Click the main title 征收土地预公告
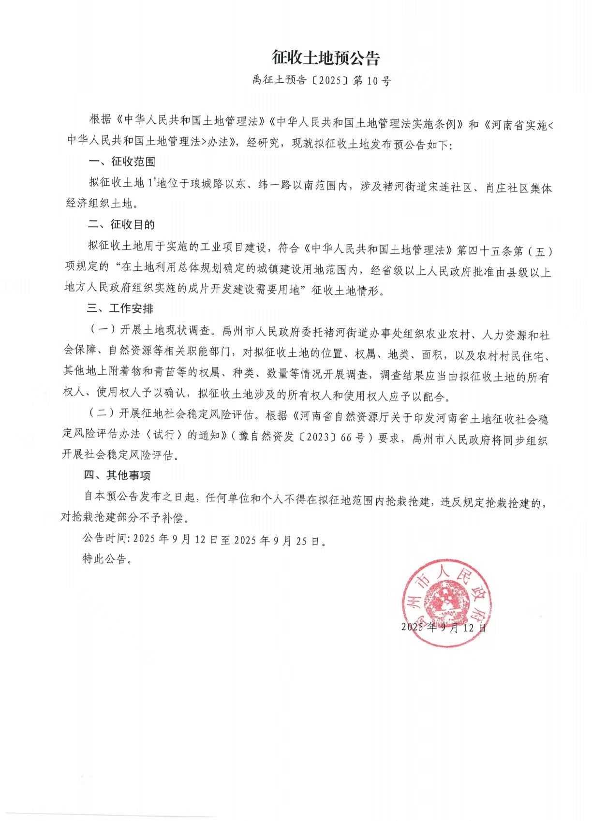coord(326,58)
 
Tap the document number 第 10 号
coord(372,81)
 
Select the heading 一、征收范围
coord(121,161)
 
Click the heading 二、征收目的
coord(121,224)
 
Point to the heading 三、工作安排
coord(120,308)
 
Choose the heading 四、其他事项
coord(117,475)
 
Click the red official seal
coord(446,602)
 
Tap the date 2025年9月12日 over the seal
coord(444,628)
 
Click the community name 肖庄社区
coord(507,188)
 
